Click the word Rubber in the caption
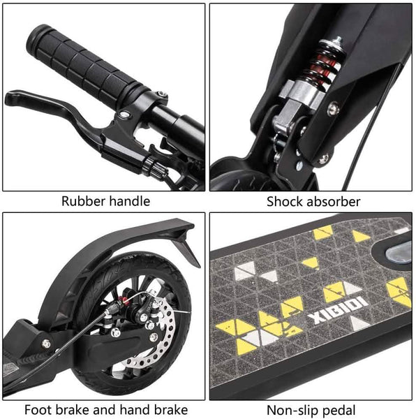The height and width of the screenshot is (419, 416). [84, 201]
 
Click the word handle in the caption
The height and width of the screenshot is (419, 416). [130, 201]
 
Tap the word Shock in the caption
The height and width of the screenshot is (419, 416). [285, 202]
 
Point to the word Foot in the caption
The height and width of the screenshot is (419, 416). [38, 410]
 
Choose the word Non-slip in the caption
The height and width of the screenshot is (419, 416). [290, 410]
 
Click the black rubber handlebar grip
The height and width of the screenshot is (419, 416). [85, 66]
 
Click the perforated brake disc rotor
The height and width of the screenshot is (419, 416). [149, 334]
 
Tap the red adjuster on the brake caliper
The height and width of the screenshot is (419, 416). [124, 300]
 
